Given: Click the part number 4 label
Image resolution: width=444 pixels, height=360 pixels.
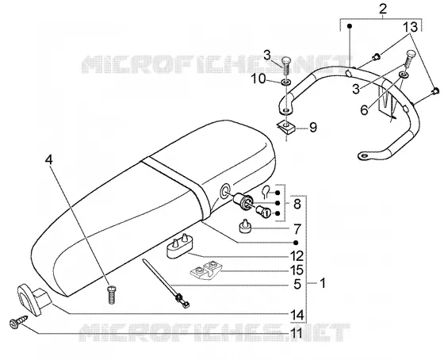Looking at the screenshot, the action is (48, 160).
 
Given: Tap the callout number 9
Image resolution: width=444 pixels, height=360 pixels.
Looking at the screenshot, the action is (313, 128).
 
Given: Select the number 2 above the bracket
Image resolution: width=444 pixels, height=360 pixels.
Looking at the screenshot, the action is (382, 9).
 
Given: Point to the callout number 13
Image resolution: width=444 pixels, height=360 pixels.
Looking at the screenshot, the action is (411, 27).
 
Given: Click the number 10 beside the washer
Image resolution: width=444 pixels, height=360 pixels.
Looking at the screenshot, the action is (258, 79).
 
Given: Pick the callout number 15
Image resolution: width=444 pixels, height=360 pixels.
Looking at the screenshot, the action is (297, 270).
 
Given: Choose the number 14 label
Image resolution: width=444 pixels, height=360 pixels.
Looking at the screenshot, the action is (297, 315).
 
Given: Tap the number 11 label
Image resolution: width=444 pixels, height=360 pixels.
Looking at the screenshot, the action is (296, 334).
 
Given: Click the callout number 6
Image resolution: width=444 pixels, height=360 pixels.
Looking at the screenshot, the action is (364, 110).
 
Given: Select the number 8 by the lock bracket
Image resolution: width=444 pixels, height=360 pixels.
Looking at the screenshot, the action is (297, 204).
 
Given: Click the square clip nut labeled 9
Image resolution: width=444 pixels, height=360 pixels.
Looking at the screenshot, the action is (285, 127).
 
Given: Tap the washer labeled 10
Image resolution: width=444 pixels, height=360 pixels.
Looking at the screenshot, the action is (285, 82).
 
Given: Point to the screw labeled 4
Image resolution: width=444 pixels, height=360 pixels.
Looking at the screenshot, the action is (112, 295).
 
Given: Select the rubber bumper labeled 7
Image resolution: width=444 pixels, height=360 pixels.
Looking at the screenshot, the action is (245, 226).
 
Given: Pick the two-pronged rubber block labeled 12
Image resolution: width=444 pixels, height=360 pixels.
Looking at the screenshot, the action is (178, 246).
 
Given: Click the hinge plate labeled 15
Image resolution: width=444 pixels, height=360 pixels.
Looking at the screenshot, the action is (206, 270).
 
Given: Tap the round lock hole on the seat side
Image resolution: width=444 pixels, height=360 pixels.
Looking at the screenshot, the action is (225, 191).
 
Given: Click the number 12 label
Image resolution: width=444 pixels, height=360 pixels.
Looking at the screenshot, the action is (297, 257).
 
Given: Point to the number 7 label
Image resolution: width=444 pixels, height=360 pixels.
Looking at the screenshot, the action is (297, 229).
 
